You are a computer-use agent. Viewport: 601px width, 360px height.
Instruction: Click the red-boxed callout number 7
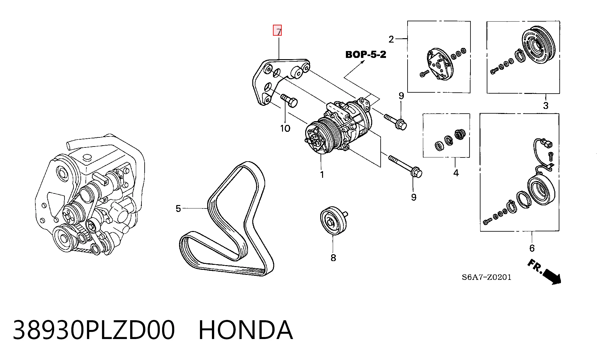277,30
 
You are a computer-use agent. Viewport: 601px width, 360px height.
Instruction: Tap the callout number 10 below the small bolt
285,128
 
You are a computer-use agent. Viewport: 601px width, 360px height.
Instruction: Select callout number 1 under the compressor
322,175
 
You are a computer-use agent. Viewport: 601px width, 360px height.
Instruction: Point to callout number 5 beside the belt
178,208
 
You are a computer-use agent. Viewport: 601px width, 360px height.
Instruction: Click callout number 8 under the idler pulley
333,258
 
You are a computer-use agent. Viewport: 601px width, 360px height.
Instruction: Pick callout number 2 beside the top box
391,39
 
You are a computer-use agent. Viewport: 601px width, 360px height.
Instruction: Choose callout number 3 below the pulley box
546,105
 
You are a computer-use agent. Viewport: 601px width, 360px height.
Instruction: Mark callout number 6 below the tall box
532,248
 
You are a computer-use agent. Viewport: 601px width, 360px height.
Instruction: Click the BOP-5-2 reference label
366,54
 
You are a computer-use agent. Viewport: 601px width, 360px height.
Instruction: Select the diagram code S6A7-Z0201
486,277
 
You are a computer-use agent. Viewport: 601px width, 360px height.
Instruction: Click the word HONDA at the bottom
246,330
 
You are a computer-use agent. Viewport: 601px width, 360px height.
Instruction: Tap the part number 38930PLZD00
94,330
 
